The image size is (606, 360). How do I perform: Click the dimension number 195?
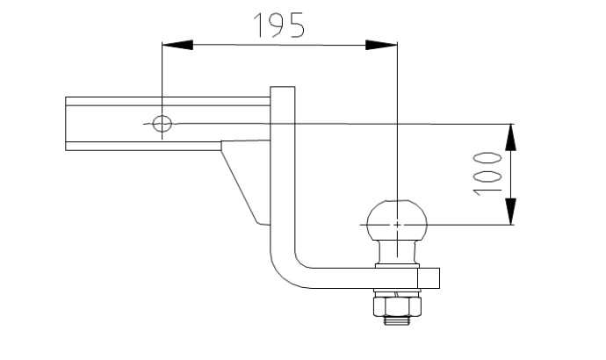279,25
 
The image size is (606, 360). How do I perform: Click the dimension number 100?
487,174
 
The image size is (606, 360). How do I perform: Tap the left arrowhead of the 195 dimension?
177,45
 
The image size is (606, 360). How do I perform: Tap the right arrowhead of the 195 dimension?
381,45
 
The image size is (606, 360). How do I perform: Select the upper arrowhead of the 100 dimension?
510,137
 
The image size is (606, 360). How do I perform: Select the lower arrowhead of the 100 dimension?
510,212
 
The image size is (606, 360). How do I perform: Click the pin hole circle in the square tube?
162,124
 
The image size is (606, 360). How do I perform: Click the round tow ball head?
397,220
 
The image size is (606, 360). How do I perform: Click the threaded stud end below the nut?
397,320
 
